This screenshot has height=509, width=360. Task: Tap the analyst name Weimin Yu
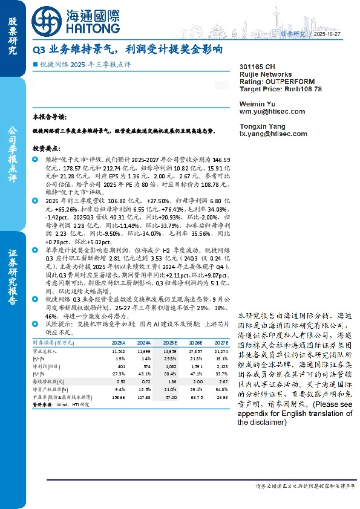(257, 104)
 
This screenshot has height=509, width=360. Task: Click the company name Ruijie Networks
(263, 73)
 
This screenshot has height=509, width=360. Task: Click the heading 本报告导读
(49, 115)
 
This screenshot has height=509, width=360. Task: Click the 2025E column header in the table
(169, 342)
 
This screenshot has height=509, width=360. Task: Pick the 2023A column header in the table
(118, 342)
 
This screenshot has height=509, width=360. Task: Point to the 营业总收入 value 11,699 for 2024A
(143, 351)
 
